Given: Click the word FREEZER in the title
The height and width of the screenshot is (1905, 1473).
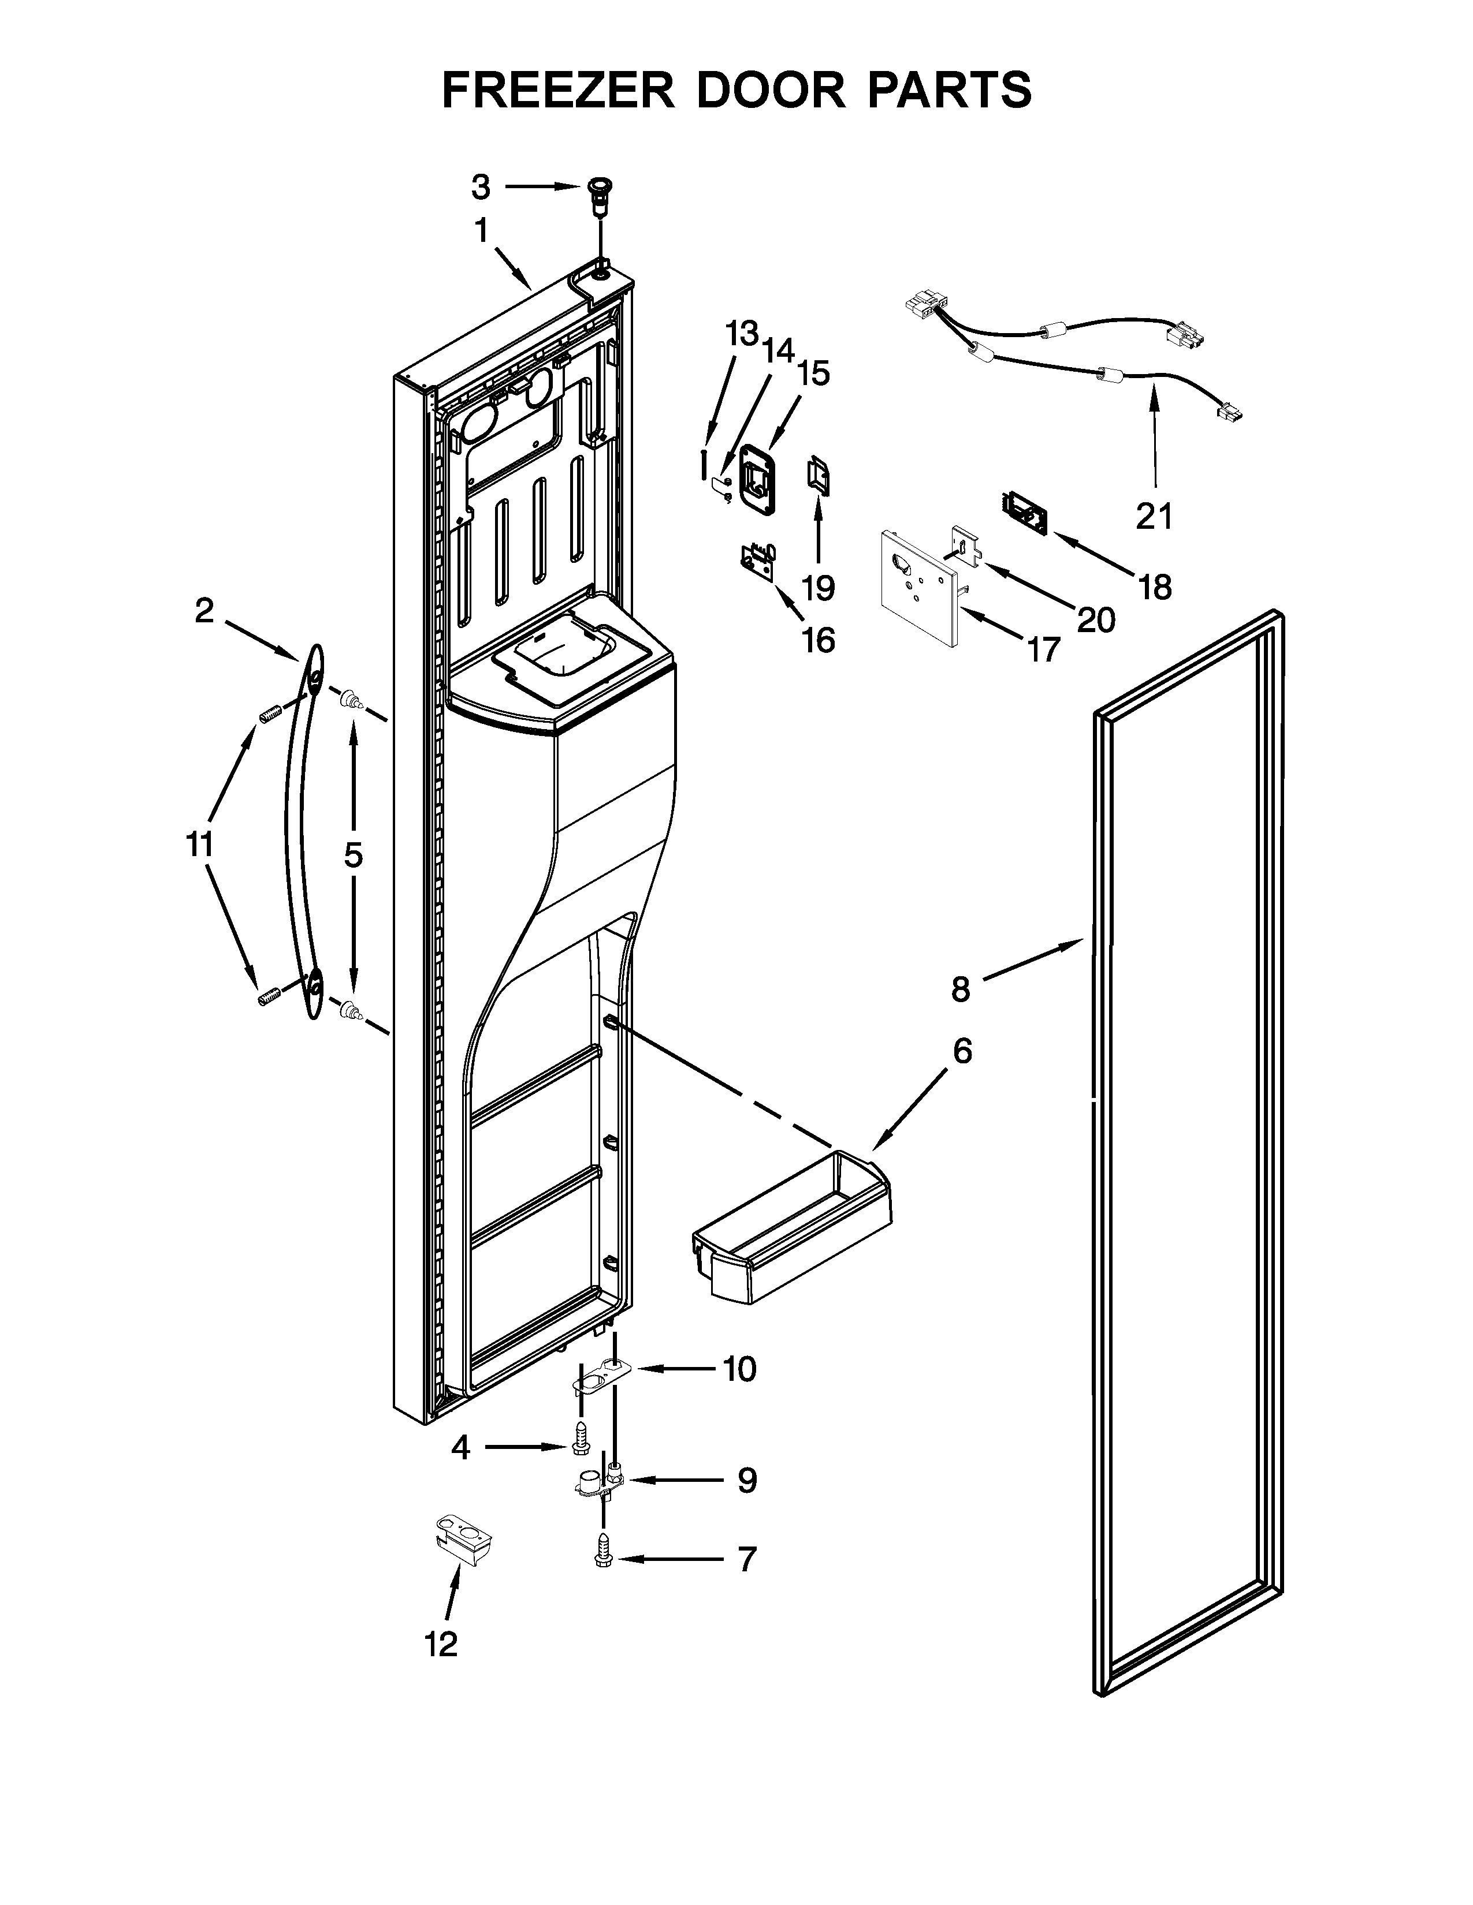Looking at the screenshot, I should pos(557,90).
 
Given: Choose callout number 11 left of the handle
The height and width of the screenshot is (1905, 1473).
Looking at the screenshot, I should pos(200,845).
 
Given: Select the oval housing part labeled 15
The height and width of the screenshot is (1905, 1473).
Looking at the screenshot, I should pos(757,475).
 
